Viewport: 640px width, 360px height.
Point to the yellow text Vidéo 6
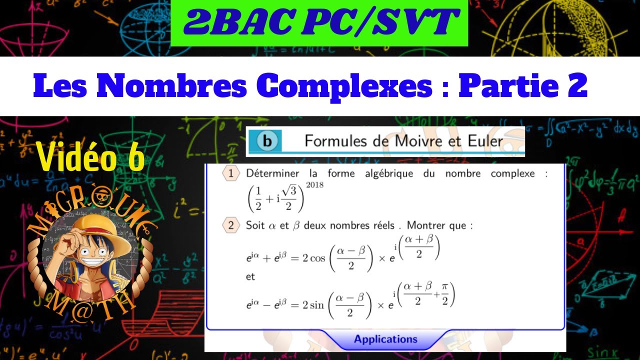[90, 157]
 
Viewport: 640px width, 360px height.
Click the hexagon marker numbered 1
[230, 173]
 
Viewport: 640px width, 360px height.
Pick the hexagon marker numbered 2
[230, 225]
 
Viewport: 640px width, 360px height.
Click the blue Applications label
[385, 339]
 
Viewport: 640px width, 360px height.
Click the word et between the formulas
[250, 277]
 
